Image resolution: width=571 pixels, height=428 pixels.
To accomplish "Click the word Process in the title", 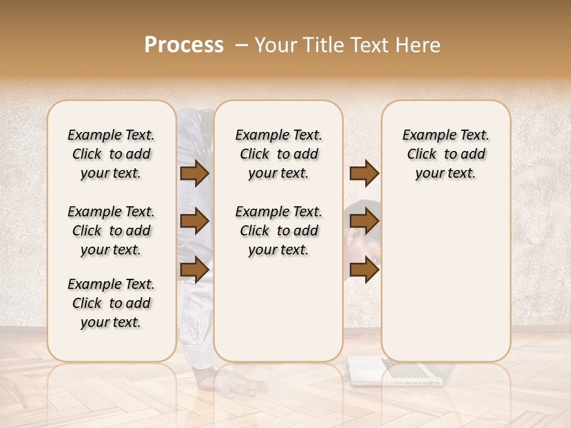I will [184, 45].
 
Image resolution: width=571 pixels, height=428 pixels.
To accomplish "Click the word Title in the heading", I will [319, 45].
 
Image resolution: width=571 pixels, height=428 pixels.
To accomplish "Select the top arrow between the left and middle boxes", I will [194, 174].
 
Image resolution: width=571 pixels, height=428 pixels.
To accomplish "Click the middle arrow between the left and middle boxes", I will [194, 222].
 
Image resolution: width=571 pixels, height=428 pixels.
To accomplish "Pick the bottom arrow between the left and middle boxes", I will [194, 269].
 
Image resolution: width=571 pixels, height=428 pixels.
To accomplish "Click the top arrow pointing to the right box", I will [364, 174].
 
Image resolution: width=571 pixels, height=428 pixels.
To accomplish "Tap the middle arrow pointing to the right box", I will [364, 222].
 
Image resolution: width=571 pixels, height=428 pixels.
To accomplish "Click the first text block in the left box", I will [111, 154].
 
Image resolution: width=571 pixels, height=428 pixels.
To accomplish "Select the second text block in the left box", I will [111, 231].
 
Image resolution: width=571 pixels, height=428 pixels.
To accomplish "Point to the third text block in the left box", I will [111, 303].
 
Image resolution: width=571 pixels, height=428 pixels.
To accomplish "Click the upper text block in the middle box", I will [278, 154].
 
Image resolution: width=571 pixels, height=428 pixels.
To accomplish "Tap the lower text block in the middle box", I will [278, 231].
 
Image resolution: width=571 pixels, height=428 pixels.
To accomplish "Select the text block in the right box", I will [445, 154].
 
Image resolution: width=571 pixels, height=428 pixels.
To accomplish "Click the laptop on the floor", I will [404, 371].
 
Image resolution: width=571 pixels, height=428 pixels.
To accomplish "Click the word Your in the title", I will [275, 45].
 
